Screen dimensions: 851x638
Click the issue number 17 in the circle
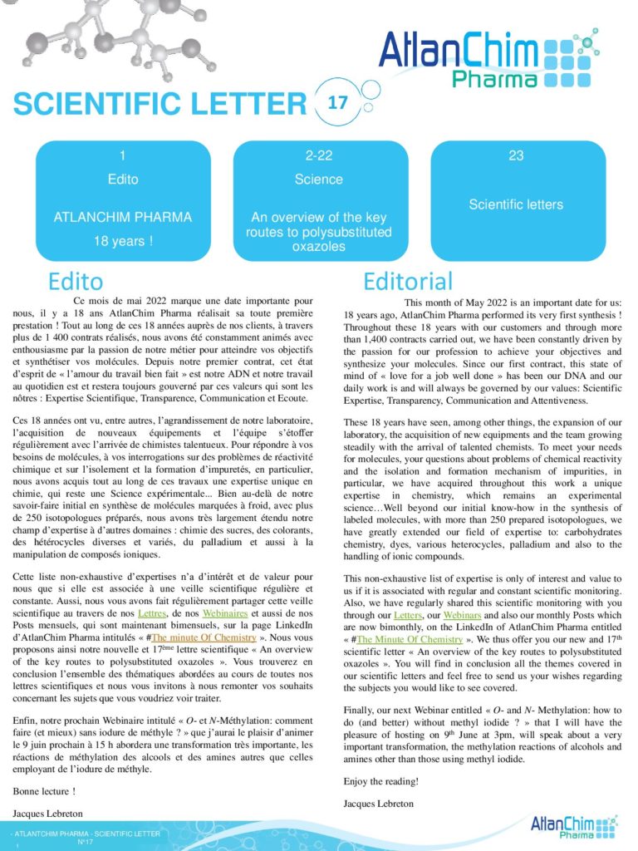[337, 103]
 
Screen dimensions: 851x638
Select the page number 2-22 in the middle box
[318, 155]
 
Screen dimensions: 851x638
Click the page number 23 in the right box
[515, 155]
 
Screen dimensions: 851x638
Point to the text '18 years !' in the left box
[122, 242]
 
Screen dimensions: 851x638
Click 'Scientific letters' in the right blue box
[515, 204]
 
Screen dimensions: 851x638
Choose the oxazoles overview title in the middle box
[318, 232]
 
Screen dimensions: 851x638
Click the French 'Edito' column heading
[76, 280]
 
